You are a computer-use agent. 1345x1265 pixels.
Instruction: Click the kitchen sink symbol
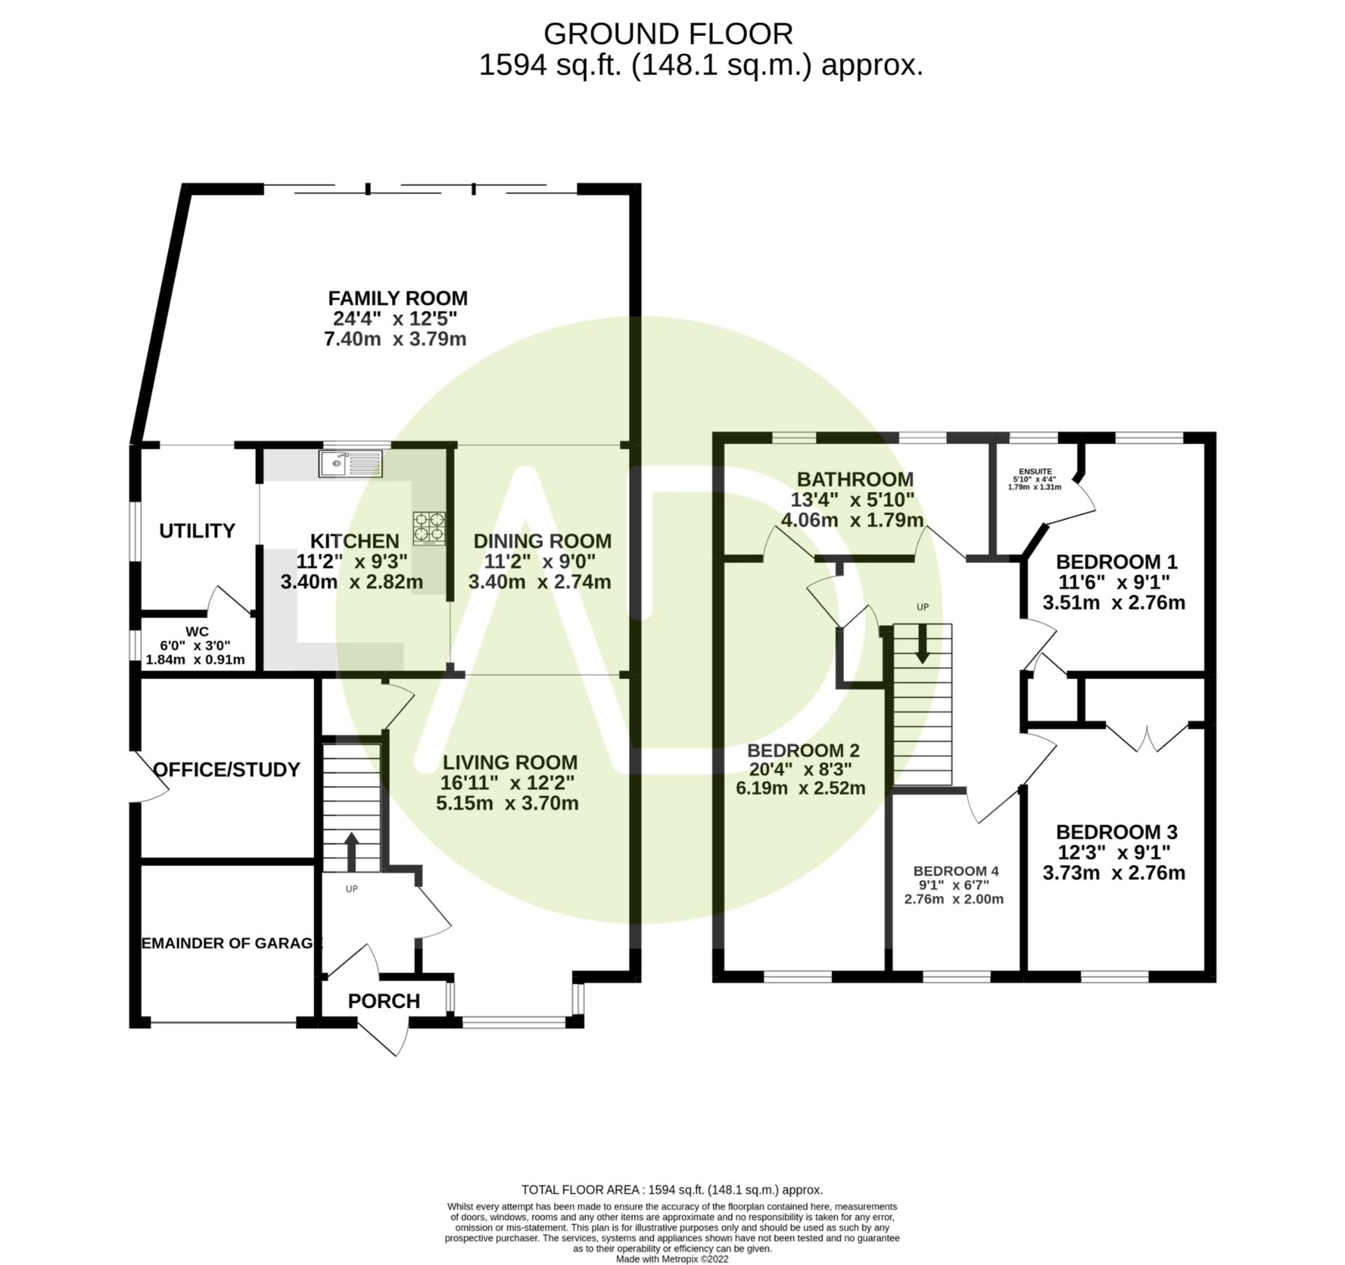click(x=351, y=464)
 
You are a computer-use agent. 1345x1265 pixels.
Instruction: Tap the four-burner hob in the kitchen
click(x=429, y=528)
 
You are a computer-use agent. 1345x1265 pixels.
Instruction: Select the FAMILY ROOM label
click(x=398, y=298)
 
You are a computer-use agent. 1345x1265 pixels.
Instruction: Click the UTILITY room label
click(x=197, y=531)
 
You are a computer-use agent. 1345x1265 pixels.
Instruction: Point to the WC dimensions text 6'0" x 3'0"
click(x=197, y=645)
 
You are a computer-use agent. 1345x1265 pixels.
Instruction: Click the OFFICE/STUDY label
click(x=226, y=770)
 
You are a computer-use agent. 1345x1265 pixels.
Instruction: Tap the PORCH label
click(x=384, y=1001)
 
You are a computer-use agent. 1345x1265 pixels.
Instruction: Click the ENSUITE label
click(x=1035, y=472)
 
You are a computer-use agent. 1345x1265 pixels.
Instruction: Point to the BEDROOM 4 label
click(x=954, y=871)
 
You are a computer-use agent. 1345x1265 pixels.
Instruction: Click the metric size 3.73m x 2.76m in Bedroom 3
click(x=1114, y=873)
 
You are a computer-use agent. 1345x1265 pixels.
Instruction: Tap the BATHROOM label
click(x=855, y=479)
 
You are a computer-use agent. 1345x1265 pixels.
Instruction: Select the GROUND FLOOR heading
click(x=668, y=33)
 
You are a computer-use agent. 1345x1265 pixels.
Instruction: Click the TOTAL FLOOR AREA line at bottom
click(x=672, y=1190)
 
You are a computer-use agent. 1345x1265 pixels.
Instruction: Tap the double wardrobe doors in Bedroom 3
click(x=1148, y=738)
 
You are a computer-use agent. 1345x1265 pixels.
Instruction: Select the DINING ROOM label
click(x=542, y=541)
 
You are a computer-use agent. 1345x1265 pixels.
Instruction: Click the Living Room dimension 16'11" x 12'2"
click(x=507, y=783)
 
